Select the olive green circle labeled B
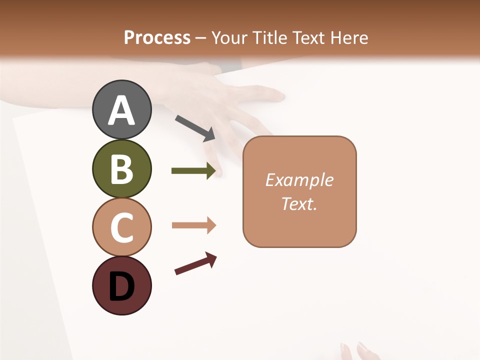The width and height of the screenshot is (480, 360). pos(121,169)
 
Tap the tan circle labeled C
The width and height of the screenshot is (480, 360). pos(121,227)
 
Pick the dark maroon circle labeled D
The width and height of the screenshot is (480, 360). pos(121,285)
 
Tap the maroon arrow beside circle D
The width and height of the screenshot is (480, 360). pos(195,264)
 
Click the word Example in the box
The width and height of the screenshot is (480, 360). pos(299,180)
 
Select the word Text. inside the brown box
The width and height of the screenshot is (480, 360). pos(299,203)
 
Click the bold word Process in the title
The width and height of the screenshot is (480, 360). pos(157,37)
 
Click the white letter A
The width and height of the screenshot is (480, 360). pos(121,110)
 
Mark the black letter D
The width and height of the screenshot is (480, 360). pos(121,287)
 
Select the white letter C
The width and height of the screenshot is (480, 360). pos(121,227)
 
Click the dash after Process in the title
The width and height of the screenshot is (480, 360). pos(200,38)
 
